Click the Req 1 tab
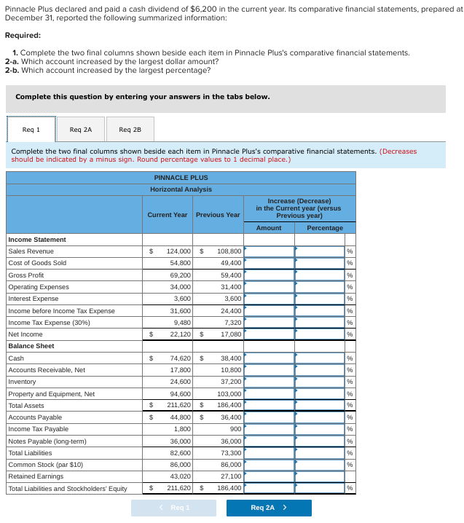click(31, 130)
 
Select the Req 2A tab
click(80, 130)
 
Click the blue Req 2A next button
click(269, 508)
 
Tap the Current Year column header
click(167, 215)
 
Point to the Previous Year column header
click(218, 215)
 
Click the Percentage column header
click(325, 228)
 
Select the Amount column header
click(269, 228)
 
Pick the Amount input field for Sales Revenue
click(269, 251)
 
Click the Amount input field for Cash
click(269, 358)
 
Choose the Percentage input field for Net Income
click(320, 334)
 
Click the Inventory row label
click(22, 382)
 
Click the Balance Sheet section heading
click(31, 346)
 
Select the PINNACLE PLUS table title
click(181, 178)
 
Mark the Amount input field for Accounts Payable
click(269, 417)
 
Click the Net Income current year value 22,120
click(178, 334)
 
